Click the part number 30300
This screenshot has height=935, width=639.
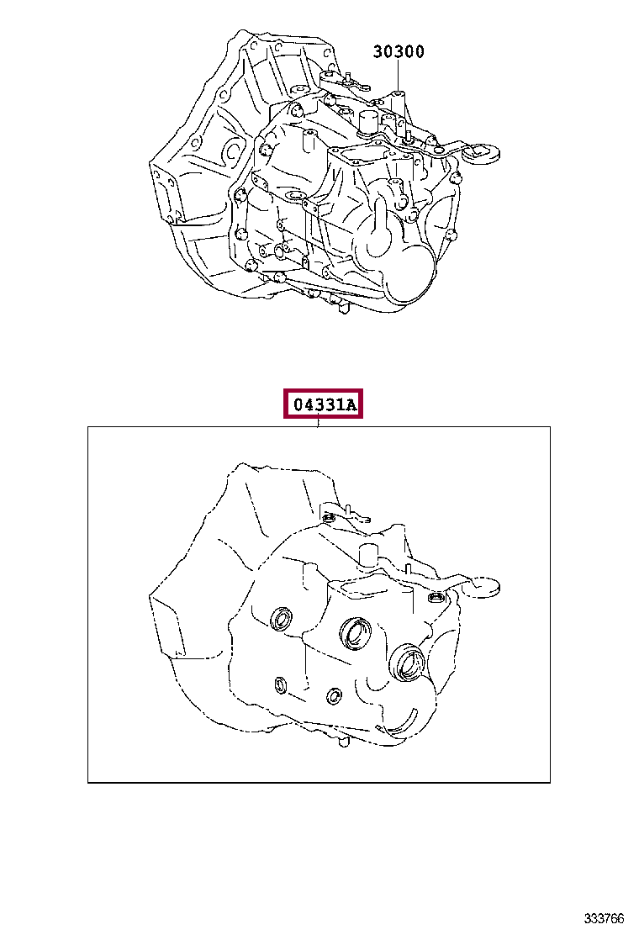[399, 52]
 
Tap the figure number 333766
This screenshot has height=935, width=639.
[603, 917]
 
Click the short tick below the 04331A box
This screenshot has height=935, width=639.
[319, 423]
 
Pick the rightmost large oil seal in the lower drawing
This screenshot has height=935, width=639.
[409, 663]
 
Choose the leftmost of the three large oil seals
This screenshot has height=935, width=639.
[282, 618]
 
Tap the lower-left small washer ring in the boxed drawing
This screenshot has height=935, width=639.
[280, 685]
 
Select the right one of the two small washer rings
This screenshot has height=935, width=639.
[335, 695]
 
